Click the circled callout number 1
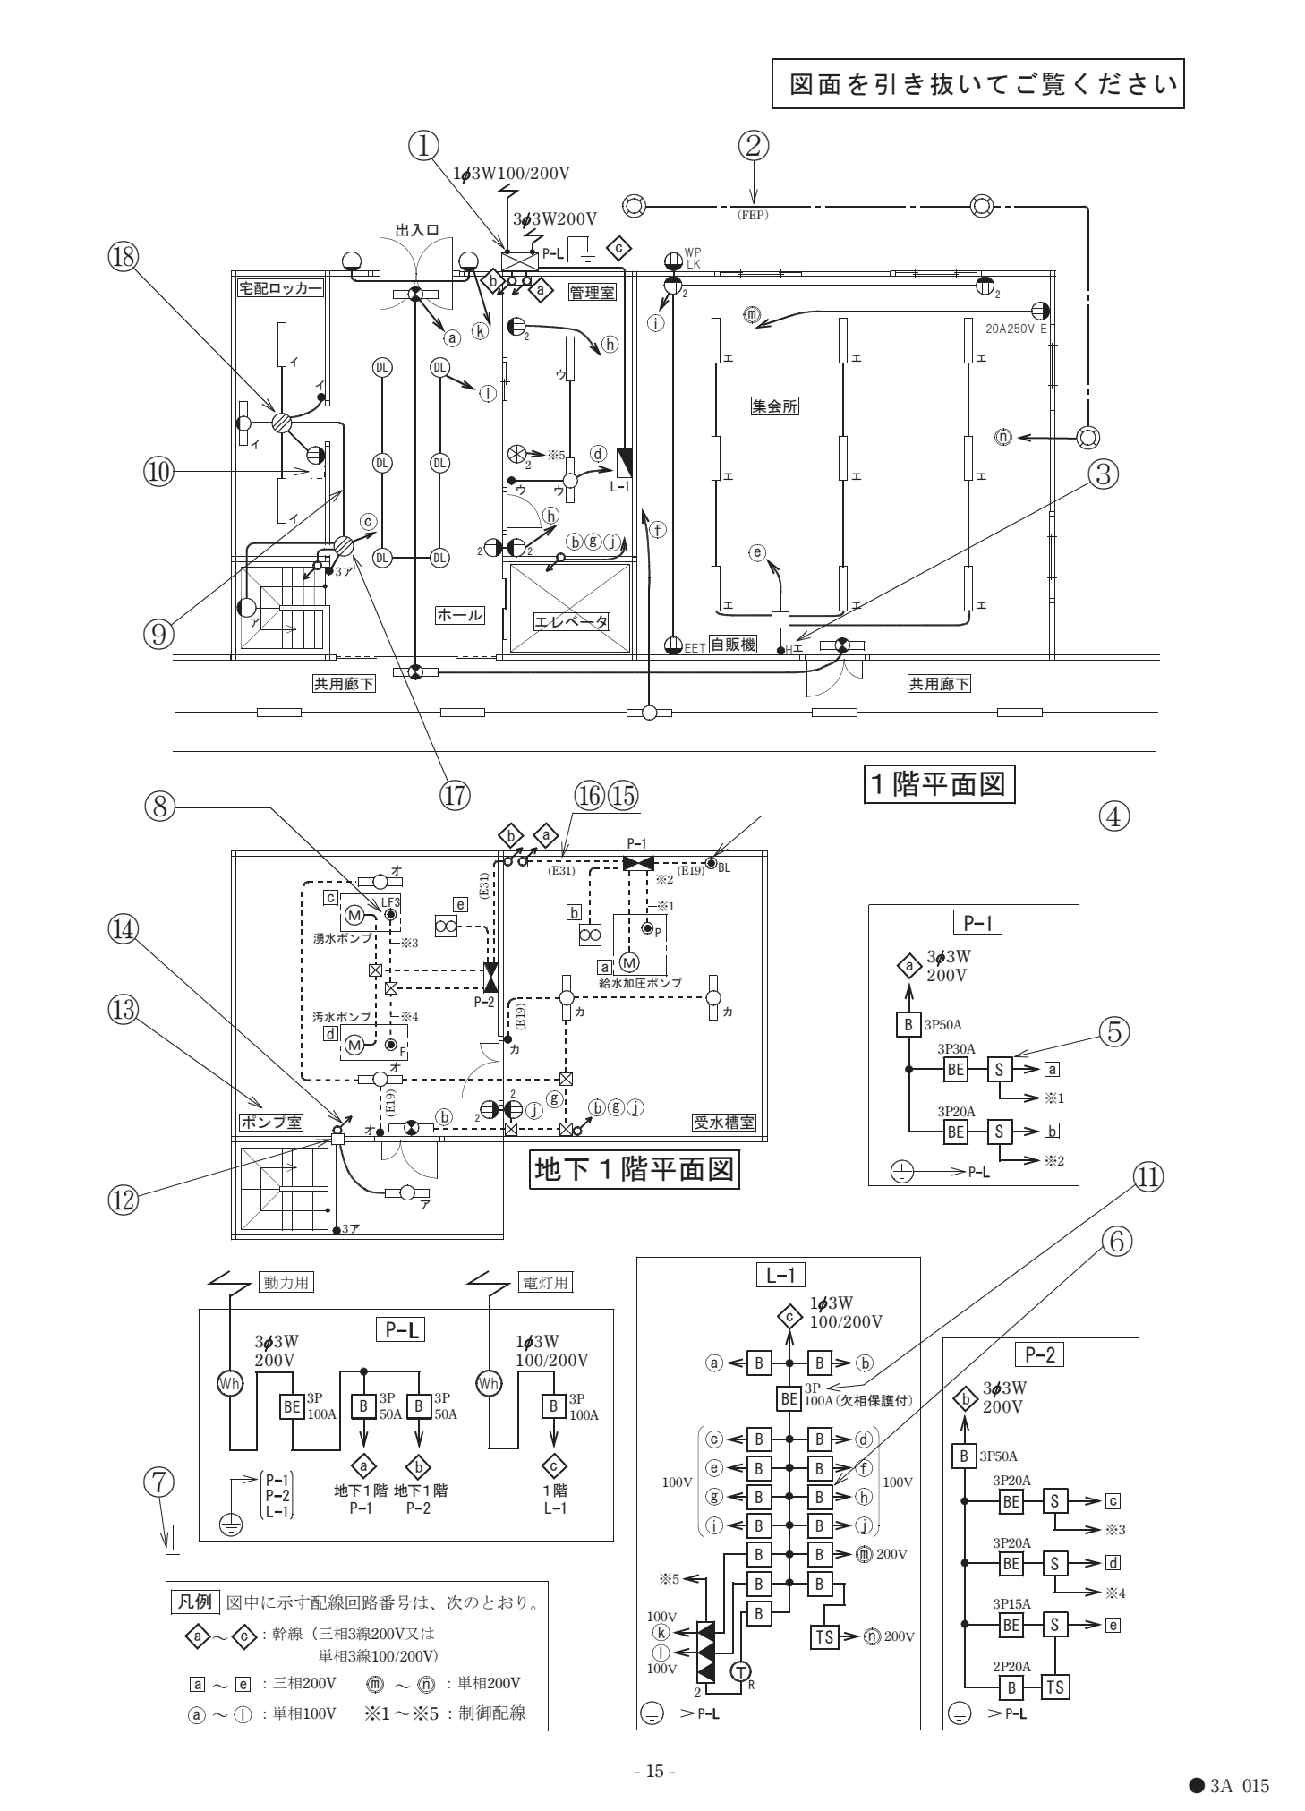(425, 143)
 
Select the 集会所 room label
(774, 406)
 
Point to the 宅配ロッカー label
(279, 287)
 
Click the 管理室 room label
(592, 292)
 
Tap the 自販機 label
(732, 645)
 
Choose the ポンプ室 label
(271, 1121)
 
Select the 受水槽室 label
(724, 1121)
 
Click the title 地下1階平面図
(634, 1169)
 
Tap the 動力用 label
(285, 1282)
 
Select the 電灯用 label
(546, 1282)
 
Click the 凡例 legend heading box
(195, 1601)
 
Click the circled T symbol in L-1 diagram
(739, 1670)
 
